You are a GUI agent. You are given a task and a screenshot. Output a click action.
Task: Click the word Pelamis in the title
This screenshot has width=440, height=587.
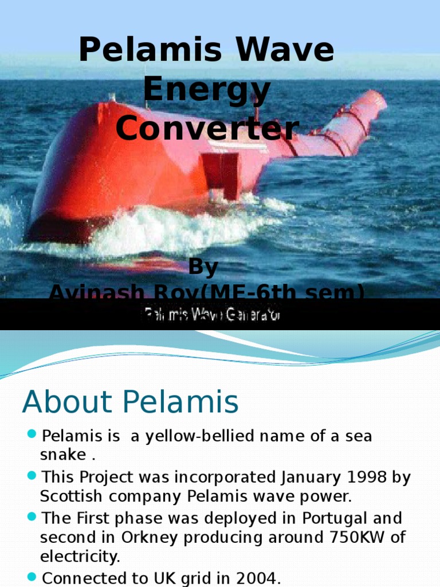151,50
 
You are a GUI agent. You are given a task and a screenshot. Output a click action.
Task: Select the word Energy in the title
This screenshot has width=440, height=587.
207,89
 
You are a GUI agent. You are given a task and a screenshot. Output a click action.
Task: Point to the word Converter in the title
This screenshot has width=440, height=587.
207,128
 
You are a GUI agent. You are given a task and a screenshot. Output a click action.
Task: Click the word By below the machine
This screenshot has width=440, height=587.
204,268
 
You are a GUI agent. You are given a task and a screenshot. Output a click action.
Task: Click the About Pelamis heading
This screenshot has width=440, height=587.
130,402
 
